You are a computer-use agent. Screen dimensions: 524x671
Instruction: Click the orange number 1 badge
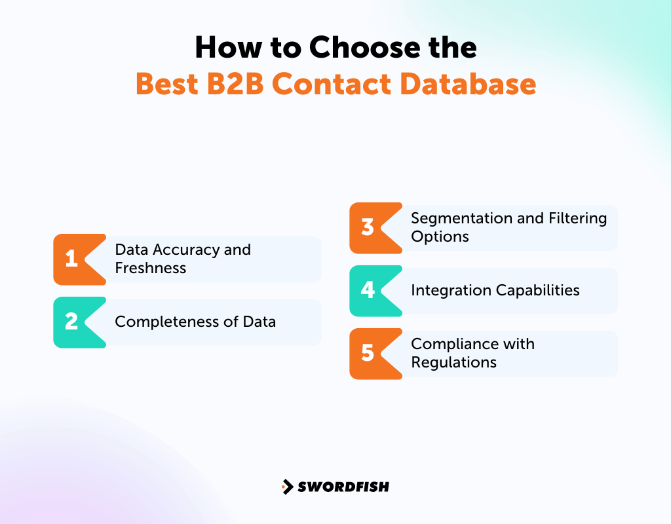72,259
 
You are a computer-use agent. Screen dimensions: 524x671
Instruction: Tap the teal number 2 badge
72,322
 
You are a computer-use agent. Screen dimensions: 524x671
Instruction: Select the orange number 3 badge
368,228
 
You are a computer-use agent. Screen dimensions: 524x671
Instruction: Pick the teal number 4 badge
368,291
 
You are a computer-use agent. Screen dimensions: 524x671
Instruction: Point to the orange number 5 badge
368,354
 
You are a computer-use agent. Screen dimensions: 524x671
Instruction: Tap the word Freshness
151,268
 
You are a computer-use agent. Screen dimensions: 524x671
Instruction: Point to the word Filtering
577,218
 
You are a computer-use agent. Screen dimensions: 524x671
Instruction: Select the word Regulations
454,362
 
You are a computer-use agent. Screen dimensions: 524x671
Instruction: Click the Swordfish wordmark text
343,487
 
